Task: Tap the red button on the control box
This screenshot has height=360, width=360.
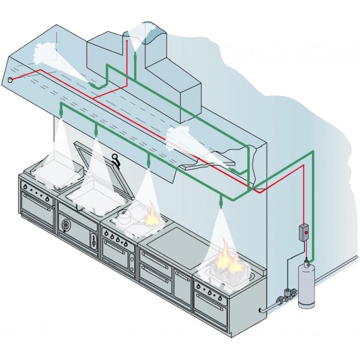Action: pyautogui.click(x=305, y=229)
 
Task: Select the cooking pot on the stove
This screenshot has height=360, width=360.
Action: pyautogui.click(x=125, y=218)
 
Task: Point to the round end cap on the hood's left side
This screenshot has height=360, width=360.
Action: pyautogui.click(x=10, y=79)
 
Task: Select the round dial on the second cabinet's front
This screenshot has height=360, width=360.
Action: pyautogui.click(x=65, y=226)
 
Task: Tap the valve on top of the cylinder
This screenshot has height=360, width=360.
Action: pyautogui.click(x=307, y=262)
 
